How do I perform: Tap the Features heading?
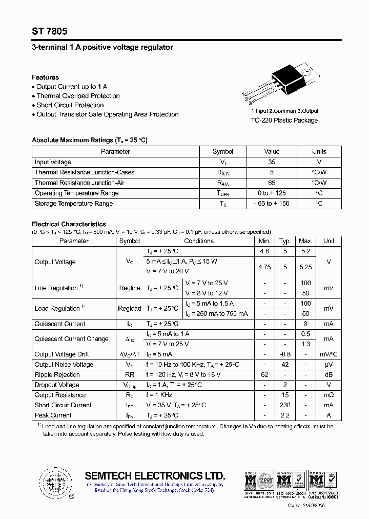45,77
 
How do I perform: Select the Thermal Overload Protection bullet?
78,96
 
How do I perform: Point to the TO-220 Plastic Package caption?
284,121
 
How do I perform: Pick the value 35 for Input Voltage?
272,162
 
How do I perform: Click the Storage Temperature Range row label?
74,204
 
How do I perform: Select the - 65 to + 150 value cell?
272,204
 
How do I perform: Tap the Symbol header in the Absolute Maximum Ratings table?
223,151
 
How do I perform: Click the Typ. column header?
285,241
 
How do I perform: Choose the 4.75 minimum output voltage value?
264,267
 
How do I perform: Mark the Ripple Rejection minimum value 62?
264,375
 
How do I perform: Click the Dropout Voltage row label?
57,385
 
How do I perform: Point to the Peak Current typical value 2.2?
285,415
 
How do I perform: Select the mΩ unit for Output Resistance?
329,395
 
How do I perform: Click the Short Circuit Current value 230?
285,405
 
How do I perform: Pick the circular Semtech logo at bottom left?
53,483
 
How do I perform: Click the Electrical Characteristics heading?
69,224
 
